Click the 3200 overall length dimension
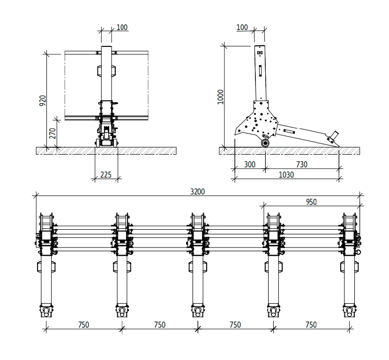[197, 191]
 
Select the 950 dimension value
[311, 202]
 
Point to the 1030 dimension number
[286, 174]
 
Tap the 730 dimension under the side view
[302, 165]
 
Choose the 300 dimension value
[250, 165]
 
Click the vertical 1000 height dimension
[221, 97]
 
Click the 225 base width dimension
[106, 175]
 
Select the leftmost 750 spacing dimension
[84, 324]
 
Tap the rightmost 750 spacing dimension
[311, 324]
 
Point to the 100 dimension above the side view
[242, 27]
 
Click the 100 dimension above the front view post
[122, 27]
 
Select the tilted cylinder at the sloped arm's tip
[334, 136]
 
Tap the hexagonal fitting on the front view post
[107, 70]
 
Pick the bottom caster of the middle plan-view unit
[198, 311]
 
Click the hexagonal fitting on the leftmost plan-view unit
[46, 267]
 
